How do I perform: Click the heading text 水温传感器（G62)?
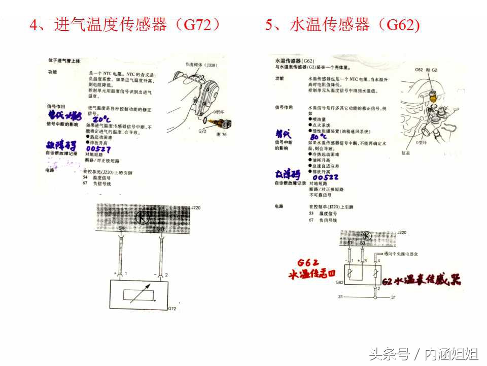click(342, 24)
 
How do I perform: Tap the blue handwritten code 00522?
click(325, 177)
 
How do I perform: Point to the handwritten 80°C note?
click(319, 137)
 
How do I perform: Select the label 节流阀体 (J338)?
click(200, 65)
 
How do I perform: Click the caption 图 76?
click(221, 134)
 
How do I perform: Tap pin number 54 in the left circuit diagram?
click(121, 230)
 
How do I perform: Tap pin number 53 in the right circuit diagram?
click(362, 243)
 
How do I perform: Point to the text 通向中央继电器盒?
click(400, 253)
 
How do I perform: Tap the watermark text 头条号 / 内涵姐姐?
click(423, 353)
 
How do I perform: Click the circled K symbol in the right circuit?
click(367, 236)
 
